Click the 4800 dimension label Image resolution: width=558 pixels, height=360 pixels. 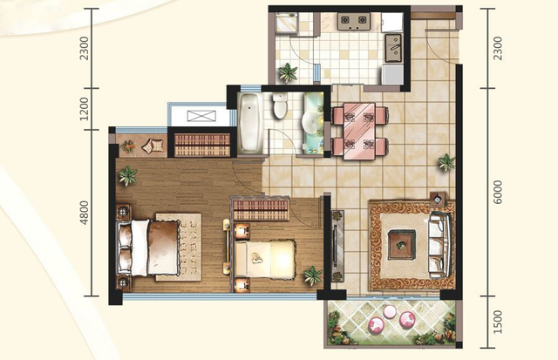(84, 213)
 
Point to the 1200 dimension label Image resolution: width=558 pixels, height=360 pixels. (84, 109)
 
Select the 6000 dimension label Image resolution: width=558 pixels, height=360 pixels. (498, 192)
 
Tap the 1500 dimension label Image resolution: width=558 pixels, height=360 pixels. (498, 322)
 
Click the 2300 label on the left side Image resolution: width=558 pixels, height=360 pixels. (84, 48)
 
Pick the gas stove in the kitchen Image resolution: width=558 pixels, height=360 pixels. (354, 21)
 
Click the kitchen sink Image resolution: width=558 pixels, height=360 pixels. (393, 48)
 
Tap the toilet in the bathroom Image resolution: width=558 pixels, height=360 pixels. (280, 105)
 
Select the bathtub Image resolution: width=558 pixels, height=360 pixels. (250, 123)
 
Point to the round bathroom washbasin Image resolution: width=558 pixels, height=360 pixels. (311, 122)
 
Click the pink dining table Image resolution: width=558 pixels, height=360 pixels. (359, 132)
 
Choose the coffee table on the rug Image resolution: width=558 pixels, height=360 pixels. (401, 245)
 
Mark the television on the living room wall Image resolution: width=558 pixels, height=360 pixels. (335, 246)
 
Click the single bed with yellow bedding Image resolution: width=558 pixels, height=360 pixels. (265, 259)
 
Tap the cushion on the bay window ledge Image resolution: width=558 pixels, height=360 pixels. (153, 146)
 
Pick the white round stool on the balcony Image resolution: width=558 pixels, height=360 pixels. (390, 312)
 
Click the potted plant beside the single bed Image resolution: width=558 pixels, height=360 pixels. (313, 275)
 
